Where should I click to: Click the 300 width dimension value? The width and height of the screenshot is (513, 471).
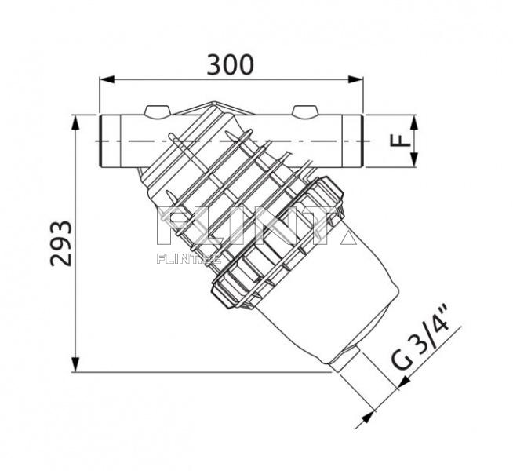coord(230,64)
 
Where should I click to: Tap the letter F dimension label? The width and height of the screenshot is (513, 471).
coord(401,141)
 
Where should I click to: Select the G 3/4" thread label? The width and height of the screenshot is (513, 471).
coord(423,341)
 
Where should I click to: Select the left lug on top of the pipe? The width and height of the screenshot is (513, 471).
coord(158,111)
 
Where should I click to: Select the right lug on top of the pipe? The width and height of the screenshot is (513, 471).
coord(304,111)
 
